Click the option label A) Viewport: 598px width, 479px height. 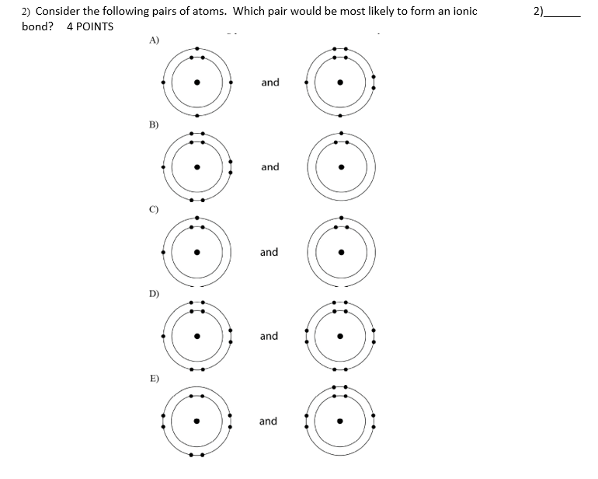pyautogui.click(x=154, y=41)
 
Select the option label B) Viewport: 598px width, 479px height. pyautogui.click(x=154, y=124)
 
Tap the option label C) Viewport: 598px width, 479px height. pyautogui.click(x=154, y=209)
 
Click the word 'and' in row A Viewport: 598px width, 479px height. pyautogui.click(x=270, y=82)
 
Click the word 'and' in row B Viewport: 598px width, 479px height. pyautogui.click(x=270, y=166)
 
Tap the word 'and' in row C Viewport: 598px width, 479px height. pyautogui.click(x=269, y=252)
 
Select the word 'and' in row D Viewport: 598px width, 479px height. pyautogui.click(x=269, y=336)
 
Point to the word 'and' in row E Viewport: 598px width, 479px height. pyautogui.click(x=268, y=421)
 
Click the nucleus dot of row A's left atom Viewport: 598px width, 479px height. pyautogui.click(x=197, y=82)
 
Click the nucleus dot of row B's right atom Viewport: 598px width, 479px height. pyautogui.click(x=341, y=166)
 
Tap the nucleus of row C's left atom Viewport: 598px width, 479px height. pyautogui.click(x=197, y=252)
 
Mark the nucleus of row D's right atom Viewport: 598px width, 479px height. pyautogui.click(x=340, y=337)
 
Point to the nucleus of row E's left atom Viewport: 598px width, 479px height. pyautogui.click(x=197, y=421)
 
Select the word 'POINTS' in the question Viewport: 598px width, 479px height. pyautogui.click(x=96, y=26)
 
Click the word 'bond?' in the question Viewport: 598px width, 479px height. pyautogui.click(x=38, y=26)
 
